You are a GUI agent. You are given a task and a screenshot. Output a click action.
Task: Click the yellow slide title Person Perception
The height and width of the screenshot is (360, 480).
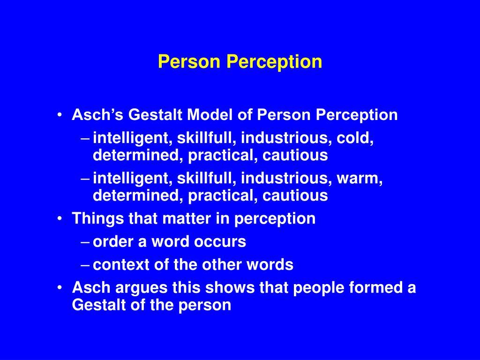point(240,62)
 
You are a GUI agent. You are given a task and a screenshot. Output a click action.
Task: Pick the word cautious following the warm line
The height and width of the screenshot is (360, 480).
point(295,195)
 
